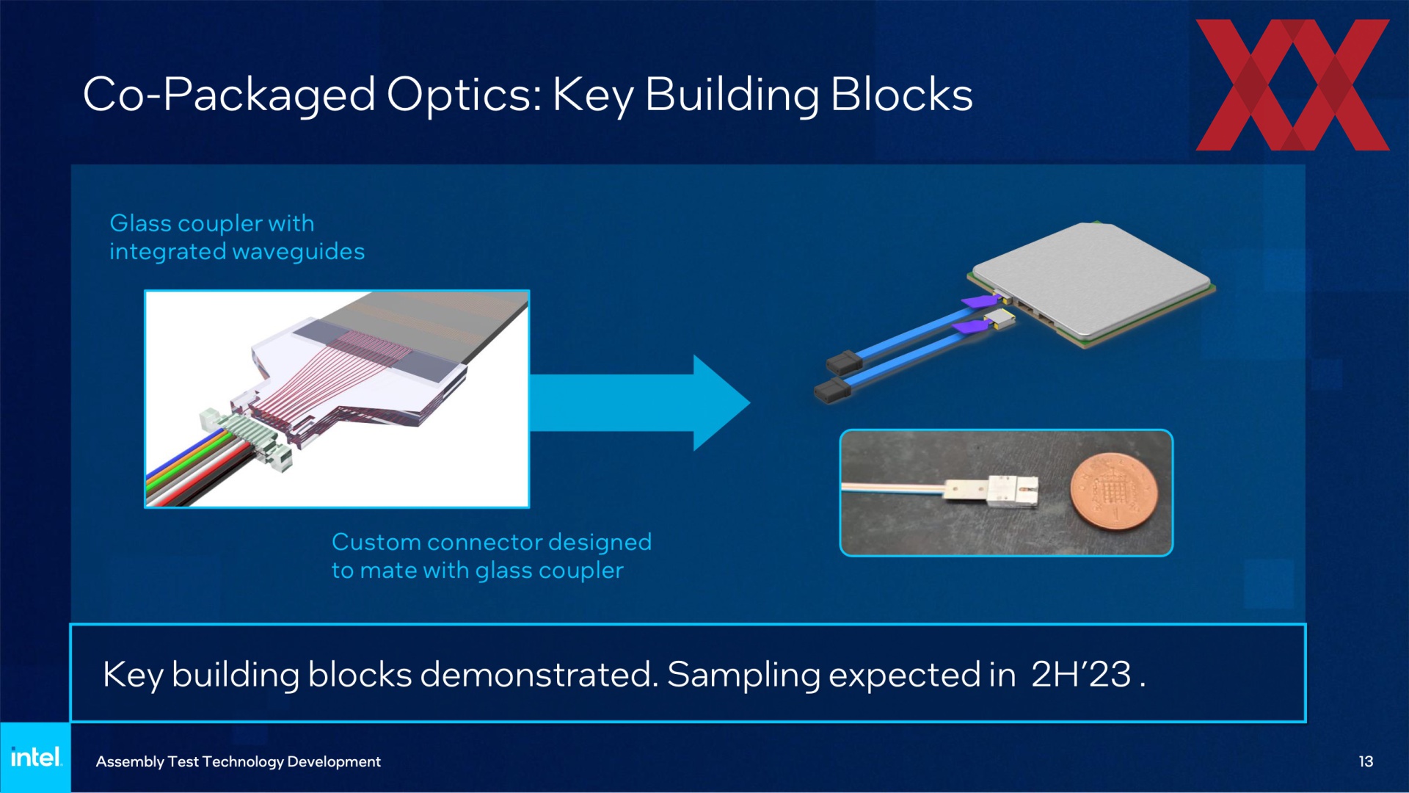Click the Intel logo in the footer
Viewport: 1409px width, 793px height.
[36, 757]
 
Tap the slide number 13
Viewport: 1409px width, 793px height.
[1366, 761]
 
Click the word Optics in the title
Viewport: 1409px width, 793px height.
[464, 96]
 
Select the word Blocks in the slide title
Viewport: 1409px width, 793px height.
[902, 95]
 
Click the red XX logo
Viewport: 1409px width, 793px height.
[1292, 85]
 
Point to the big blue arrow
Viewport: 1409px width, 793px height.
[639, 402]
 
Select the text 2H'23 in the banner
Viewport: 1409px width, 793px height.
[1081, 674]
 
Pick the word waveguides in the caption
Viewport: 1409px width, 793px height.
[299, 252]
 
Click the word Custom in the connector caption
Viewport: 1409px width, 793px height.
[376, 542]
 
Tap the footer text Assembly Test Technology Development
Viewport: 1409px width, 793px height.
[239, 762]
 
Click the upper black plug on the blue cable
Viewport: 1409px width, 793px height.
[844, 362]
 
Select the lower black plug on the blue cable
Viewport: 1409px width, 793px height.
[832, 391]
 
